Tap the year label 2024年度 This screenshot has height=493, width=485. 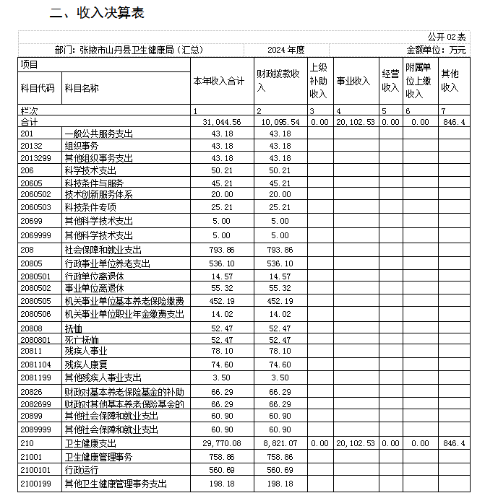pyautogui.click(x=286, y=50)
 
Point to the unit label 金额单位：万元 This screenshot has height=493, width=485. pyautogui.click(x=437, y=50)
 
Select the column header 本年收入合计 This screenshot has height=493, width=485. pyautogui.click(x=219, y=82)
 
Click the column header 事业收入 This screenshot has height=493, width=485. pyautogui.click(x=353, y=82)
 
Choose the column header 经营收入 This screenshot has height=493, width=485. pyautogui.click(x=390, y=82)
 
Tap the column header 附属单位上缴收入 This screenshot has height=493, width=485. pyautogui.click(x=419, y=80)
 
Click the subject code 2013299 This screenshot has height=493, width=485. pyautogui.click(x=36, y=158)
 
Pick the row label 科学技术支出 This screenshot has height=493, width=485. pyautogui.click(x=90, y=170)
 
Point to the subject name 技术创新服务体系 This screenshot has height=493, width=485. pyautogui.click(x=99, y=195)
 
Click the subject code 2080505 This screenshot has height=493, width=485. pyautogui.click(x=36, y=301)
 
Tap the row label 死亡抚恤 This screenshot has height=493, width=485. pyautogui.click(x=82, y=339)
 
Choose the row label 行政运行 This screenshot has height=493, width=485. pyautogui.click(x=82, y=470)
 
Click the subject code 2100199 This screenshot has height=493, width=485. pyautogui.click(x=36, y=484)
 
